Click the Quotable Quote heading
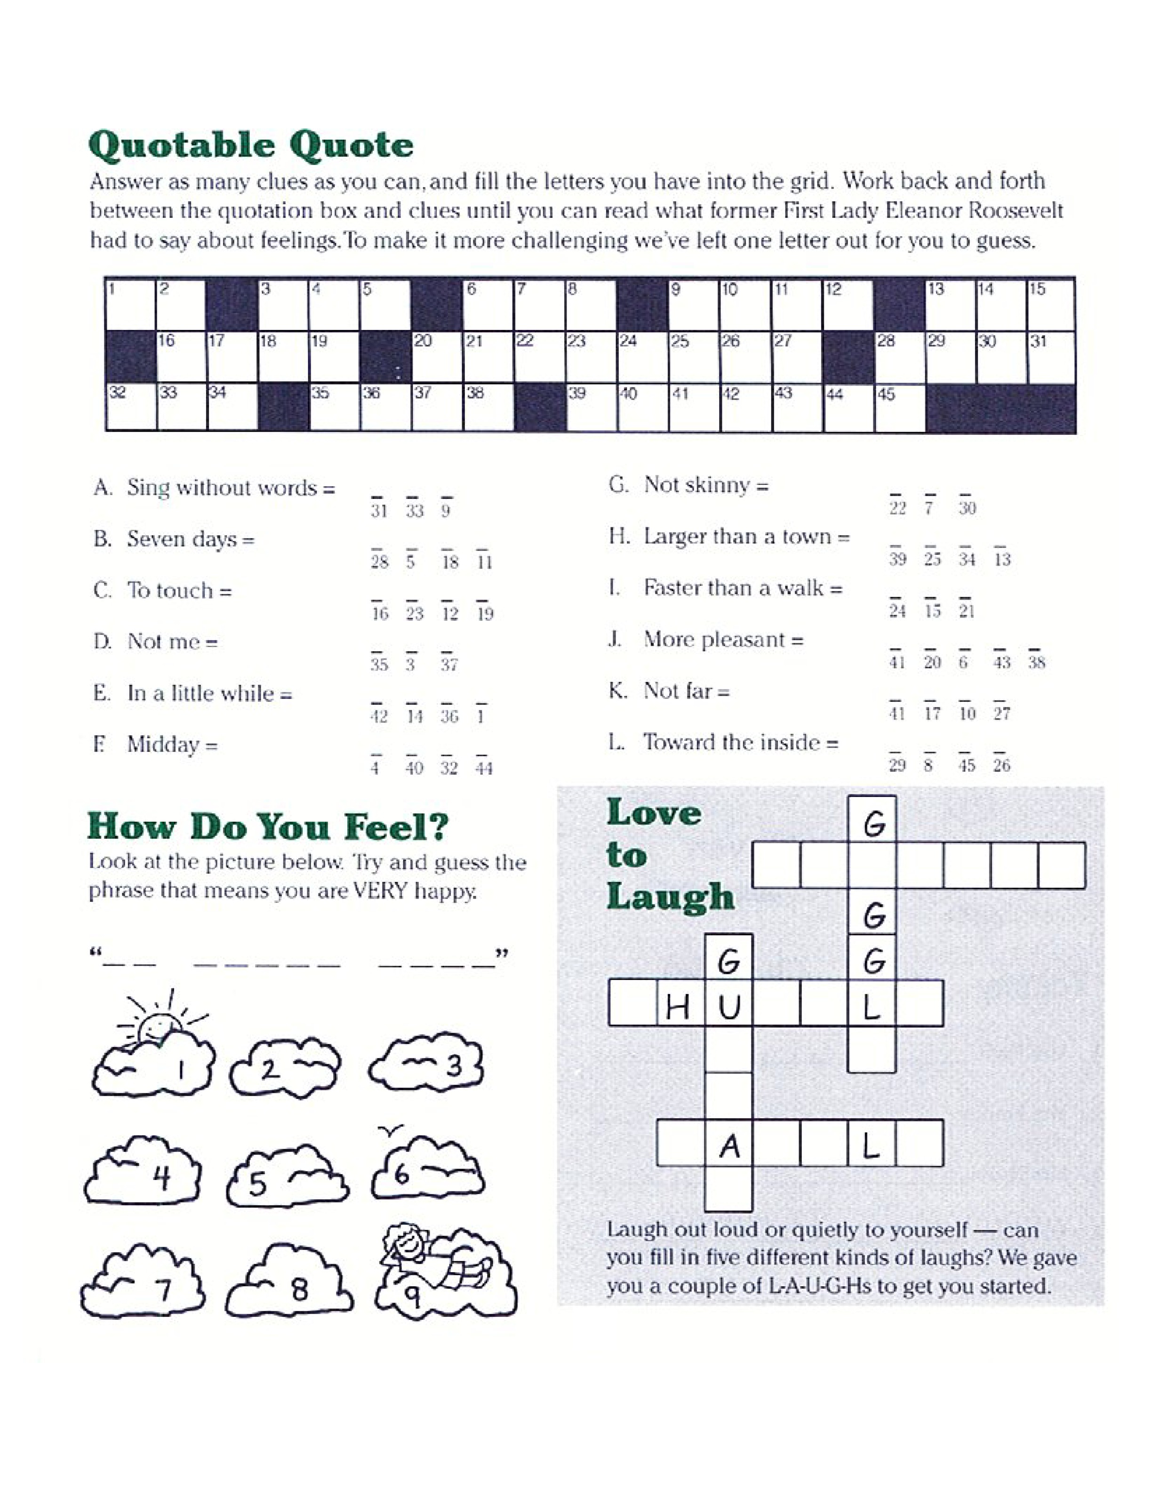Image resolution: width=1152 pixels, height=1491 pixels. pos(250,145)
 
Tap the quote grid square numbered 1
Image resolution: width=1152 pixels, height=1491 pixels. pos(131,305)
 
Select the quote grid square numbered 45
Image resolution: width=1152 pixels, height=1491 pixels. pos(899,407)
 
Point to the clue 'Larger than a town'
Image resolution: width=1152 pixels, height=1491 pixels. pos(747,537)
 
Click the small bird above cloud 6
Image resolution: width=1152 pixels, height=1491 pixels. pos(390,1132)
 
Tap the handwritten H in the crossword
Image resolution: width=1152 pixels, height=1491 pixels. pos(679,1007)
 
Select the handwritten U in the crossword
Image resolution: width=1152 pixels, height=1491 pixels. pos(729,1007)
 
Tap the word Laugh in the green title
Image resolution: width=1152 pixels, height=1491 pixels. pos(670,897)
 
